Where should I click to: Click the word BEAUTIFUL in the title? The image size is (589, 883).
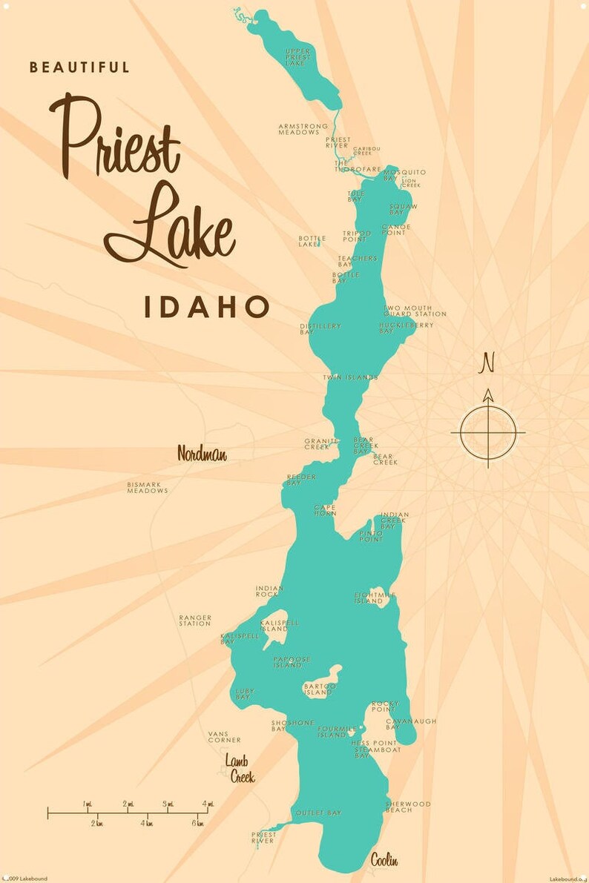pyautogui.click(x=79, y=67)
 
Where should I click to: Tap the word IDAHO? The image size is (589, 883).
pyautogui.click(x=206, y=307)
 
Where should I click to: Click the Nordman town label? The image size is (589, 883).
pyautogui.click(x=202, y=454)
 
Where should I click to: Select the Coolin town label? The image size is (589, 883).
pyautogui.click(x=384, y=860)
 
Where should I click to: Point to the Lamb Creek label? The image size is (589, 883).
pyautogui.click(x=240, y=769)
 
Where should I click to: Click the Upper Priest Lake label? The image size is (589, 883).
pyautogui.click(x=298, y=57)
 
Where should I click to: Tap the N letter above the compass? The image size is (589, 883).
pyautogui.click(x=487, y=363)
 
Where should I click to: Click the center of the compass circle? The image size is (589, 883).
pyautogui.click(x=487, y=432)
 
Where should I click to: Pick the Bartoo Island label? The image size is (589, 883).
pyautogui.click(x=320, y=689)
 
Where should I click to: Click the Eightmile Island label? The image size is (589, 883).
pyautogui.click(x=375, y=598)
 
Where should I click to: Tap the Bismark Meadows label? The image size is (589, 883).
pyautogui.click(x=148, y=487)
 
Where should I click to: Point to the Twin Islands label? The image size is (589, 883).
pyautogui.click(x=350, y=377)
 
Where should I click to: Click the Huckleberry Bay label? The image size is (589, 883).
pyautogui.click(x=396, y=328)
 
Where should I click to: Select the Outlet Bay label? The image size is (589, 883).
pyautogui.click(x=318, y=813)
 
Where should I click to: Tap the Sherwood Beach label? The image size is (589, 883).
pyautogui.click(x=408, y=807)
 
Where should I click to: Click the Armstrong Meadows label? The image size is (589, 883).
pyautogui.click(x=303, y=129)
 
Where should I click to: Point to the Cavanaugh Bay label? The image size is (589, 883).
pyautogui.click(x=410, y=724)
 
